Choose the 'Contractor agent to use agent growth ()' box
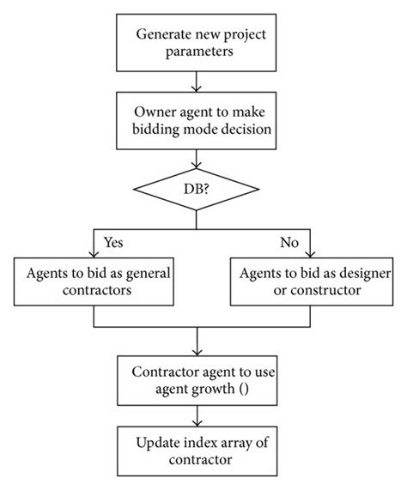(x=198, y=380)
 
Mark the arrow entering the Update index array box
(x=199, y=417)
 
